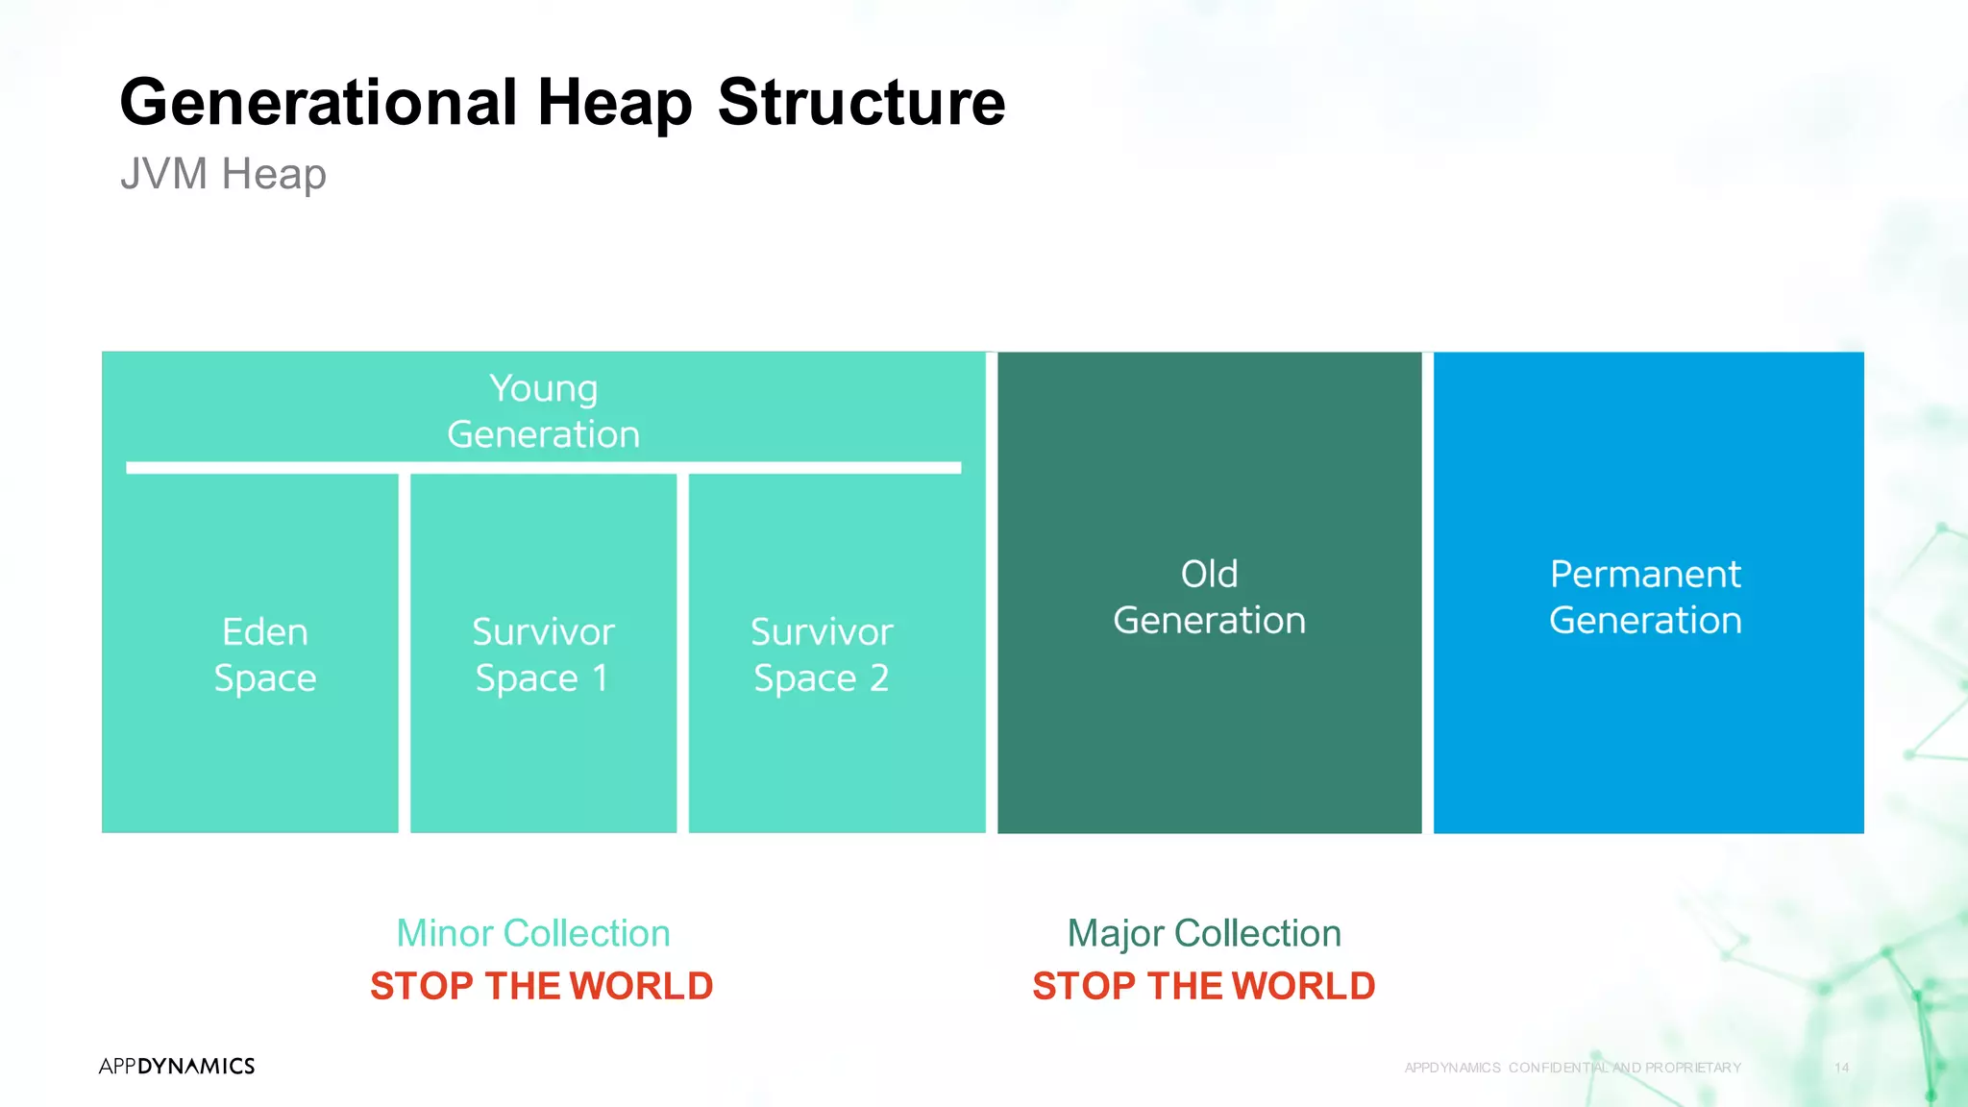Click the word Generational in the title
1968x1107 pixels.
(318, 103)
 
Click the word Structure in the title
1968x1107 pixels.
(861, 103)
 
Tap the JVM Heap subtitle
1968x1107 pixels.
(223, 174)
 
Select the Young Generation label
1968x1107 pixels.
(543, 411)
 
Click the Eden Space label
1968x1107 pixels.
(265, 654)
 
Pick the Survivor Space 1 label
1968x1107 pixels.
(543, 654)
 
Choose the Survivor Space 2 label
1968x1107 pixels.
(822, 654)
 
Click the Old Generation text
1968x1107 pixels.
(1209, 597)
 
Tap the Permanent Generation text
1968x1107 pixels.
(1645, 597)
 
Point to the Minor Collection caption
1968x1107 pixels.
(533, 933)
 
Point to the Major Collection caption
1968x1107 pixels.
(1204, 933)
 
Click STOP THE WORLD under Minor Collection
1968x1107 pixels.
(541, 986)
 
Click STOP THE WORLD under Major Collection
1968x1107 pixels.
(1204, 986)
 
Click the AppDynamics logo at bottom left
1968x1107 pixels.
(177, 1066)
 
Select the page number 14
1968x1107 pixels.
(1841, 1068)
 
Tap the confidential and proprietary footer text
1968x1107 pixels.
(1572, 1068)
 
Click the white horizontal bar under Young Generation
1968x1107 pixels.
(543, 468)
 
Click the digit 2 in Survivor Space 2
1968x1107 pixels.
(878, 678)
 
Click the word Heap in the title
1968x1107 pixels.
(614, 103)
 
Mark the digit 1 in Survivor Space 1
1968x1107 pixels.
(601, 678)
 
